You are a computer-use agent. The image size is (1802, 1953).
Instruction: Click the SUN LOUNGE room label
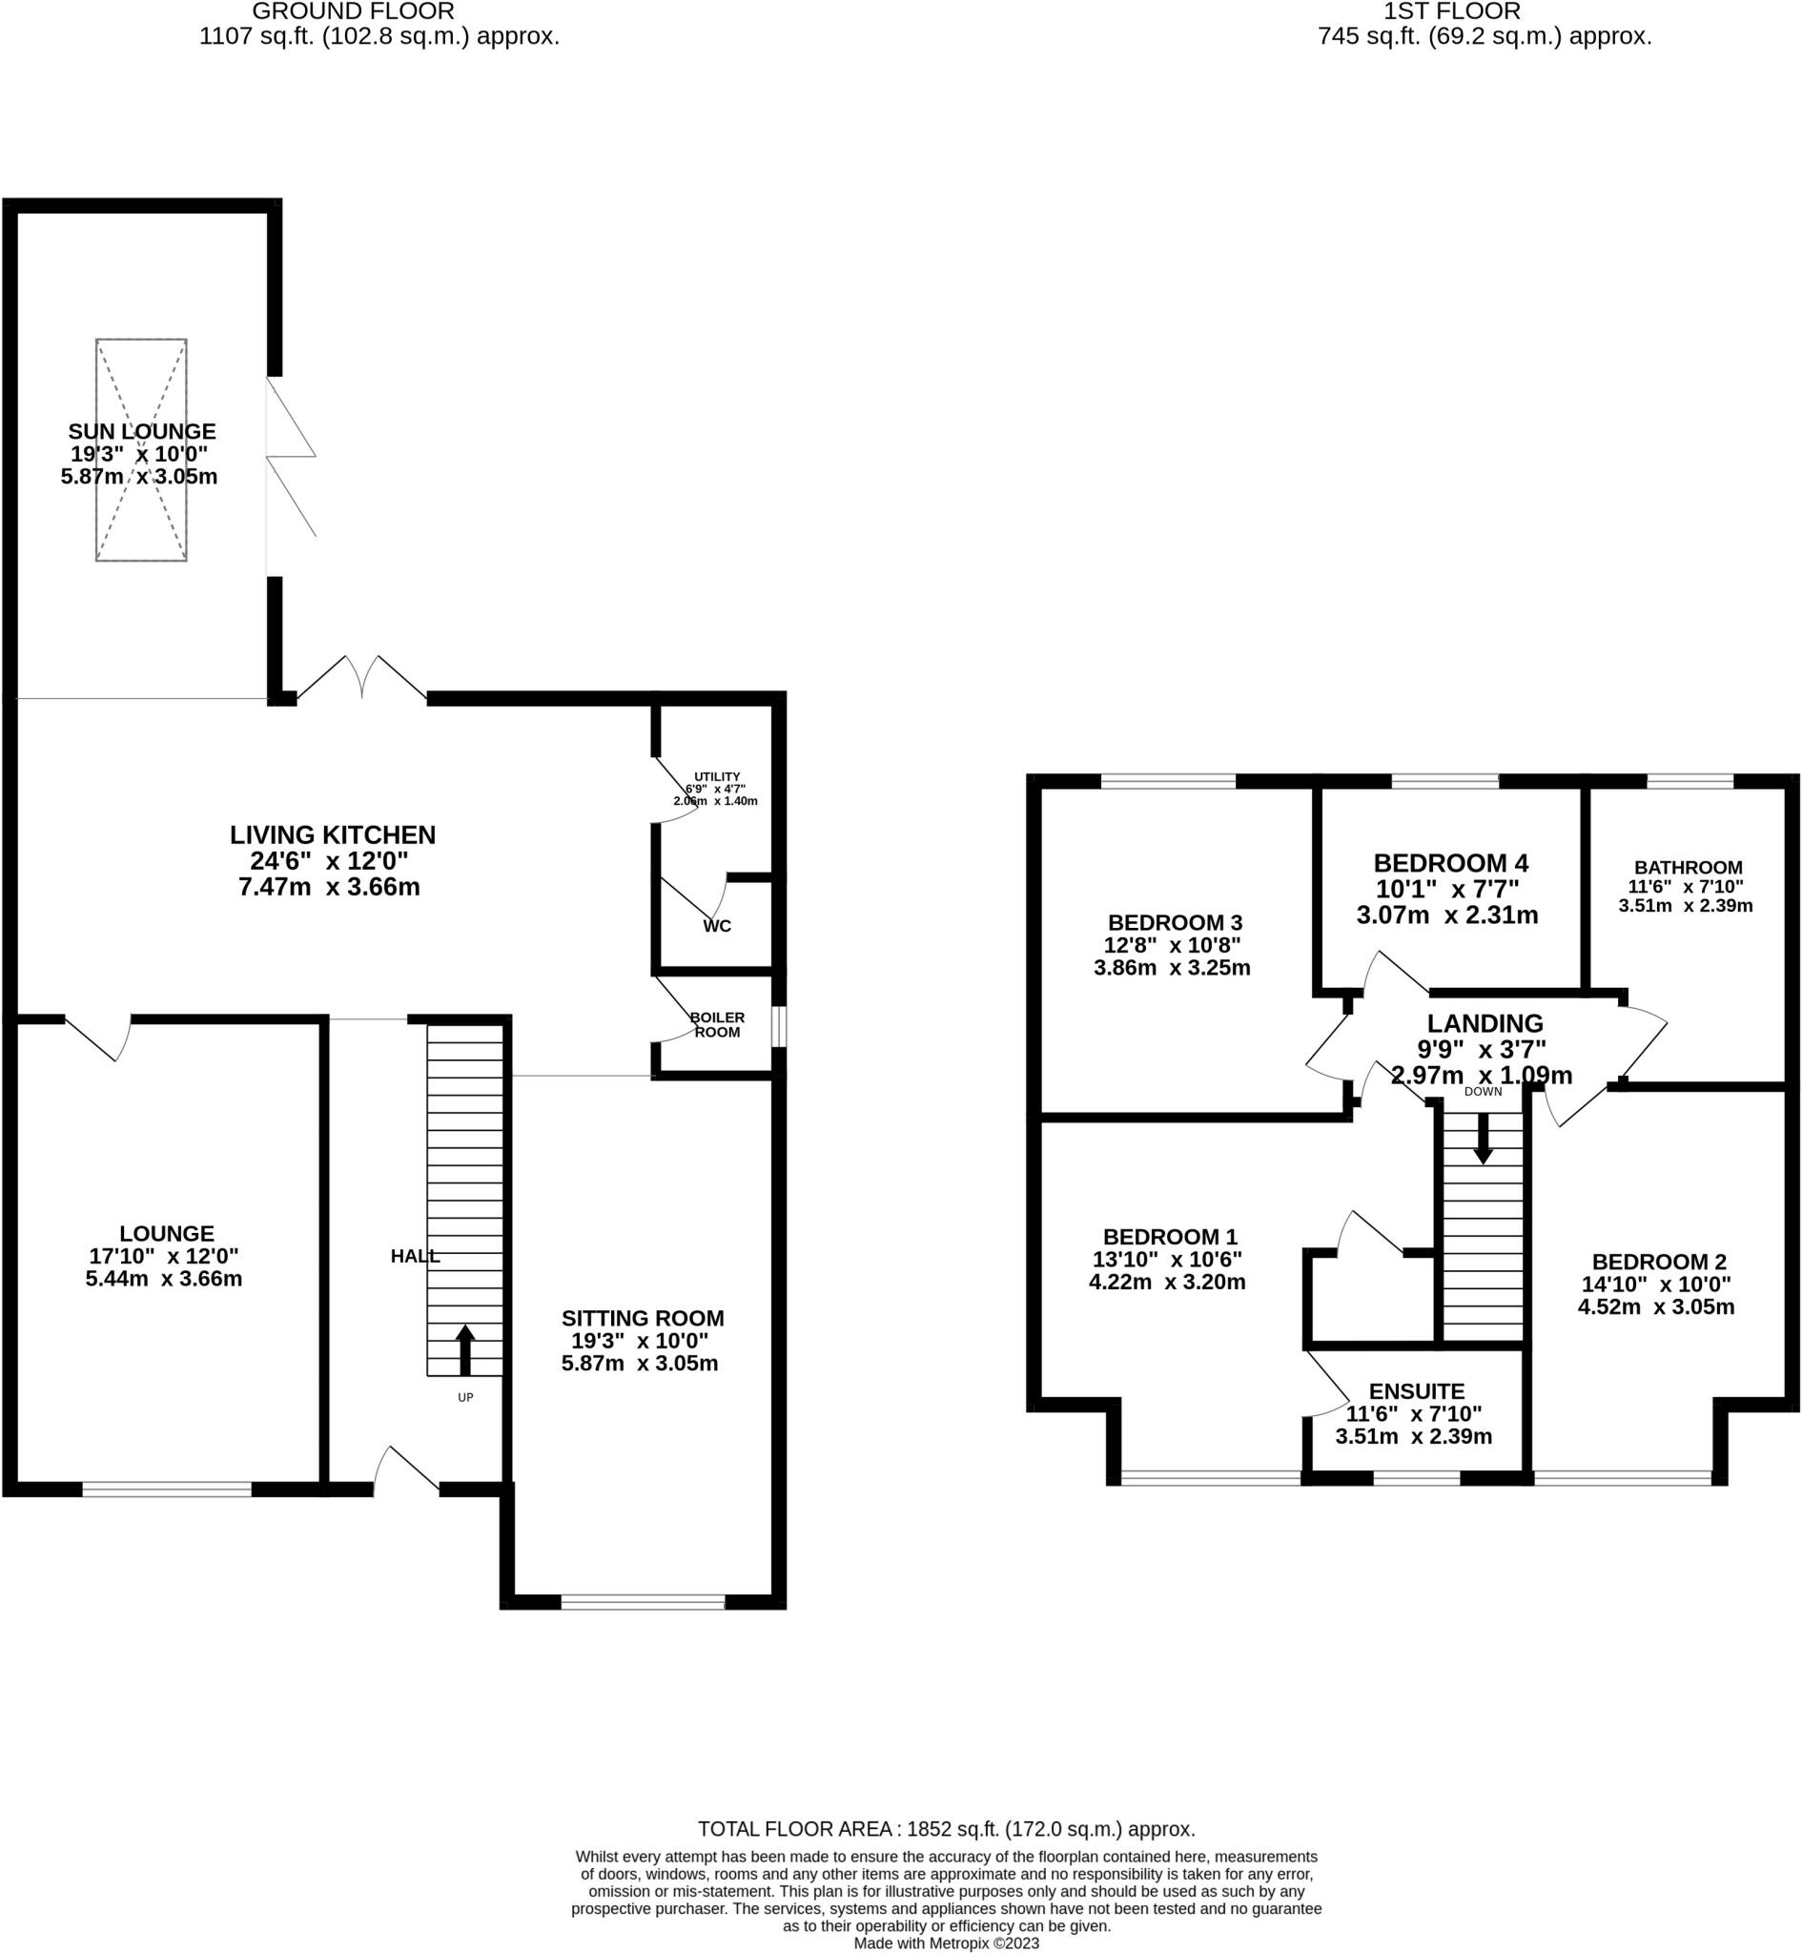coord(141,431)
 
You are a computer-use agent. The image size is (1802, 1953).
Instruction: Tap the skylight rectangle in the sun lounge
coord(141,390)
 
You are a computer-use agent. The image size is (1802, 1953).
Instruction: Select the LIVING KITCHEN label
coord(333,834)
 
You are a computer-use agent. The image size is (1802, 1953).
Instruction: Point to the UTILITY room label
coord(717,776)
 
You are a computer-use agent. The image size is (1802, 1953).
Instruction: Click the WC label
coord(717,926)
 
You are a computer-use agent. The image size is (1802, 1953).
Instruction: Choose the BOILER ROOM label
coord(717,1025)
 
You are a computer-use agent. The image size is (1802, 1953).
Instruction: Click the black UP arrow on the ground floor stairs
coord(465,1349)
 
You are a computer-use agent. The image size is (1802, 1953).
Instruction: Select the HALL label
coord(415,1257)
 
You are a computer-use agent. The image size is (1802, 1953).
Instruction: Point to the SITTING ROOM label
coord(643,1318)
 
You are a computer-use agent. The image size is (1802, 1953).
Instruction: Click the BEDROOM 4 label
coord(1450,863)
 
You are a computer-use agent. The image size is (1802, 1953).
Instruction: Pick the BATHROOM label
coord(1688,867)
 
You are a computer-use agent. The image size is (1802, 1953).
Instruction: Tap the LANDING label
coord(1485,1023)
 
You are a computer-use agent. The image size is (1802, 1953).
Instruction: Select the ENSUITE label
coord(1416,1391)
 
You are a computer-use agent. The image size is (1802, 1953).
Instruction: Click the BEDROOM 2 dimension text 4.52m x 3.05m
coord(1656,1307)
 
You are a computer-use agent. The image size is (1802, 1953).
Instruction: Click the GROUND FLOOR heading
coord(352,11)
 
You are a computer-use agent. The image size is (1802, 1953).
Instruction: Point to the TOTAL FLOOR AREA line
coord(946,1829)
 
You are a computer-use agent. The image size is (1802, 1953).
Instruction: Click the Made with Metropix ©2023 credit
coord(946,1943)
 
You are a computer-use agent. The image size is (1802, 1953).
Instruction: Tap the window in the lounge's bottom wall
coord(167,1489)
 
